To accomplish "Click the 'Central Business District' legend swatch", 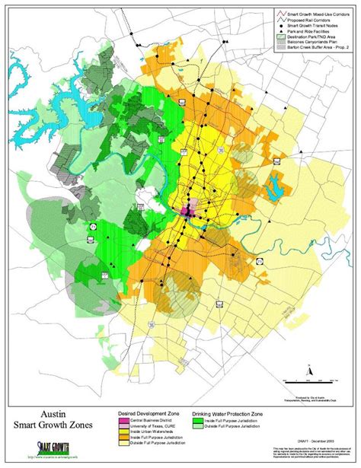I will [x=121, y=419].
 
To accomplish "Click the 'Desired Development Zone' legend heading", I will [x=144, y=412].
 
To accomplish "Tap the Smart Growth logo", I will [x=46, y=449].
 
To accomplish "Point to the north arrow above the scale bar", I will [x=310, y=370].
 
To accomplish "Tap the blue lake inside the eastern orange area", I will [x=272, y=182].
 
